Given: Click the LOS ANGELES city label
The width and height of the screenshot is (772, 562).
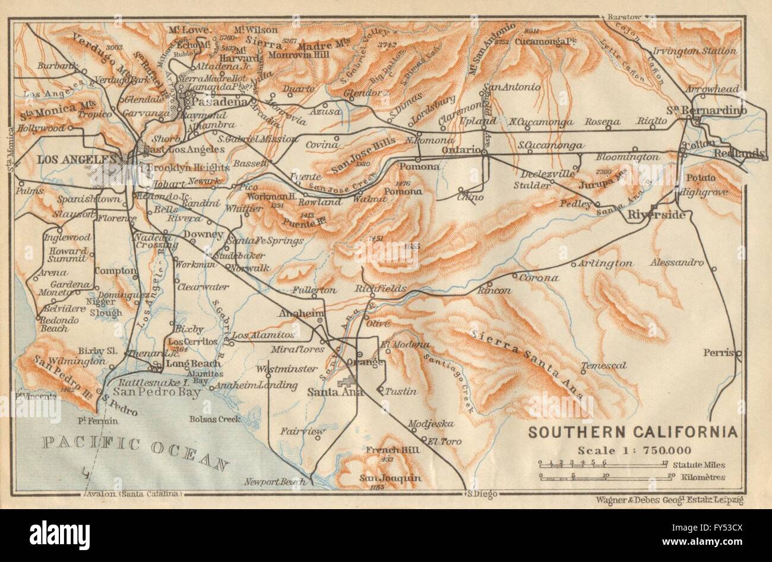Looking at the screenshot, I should click(75, 159).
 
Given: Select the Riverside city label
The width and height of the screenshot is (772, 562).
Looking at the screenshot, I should click(656, 214).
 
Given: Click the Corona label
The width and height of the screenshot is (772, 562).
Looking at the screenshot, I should click(539, 277).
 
